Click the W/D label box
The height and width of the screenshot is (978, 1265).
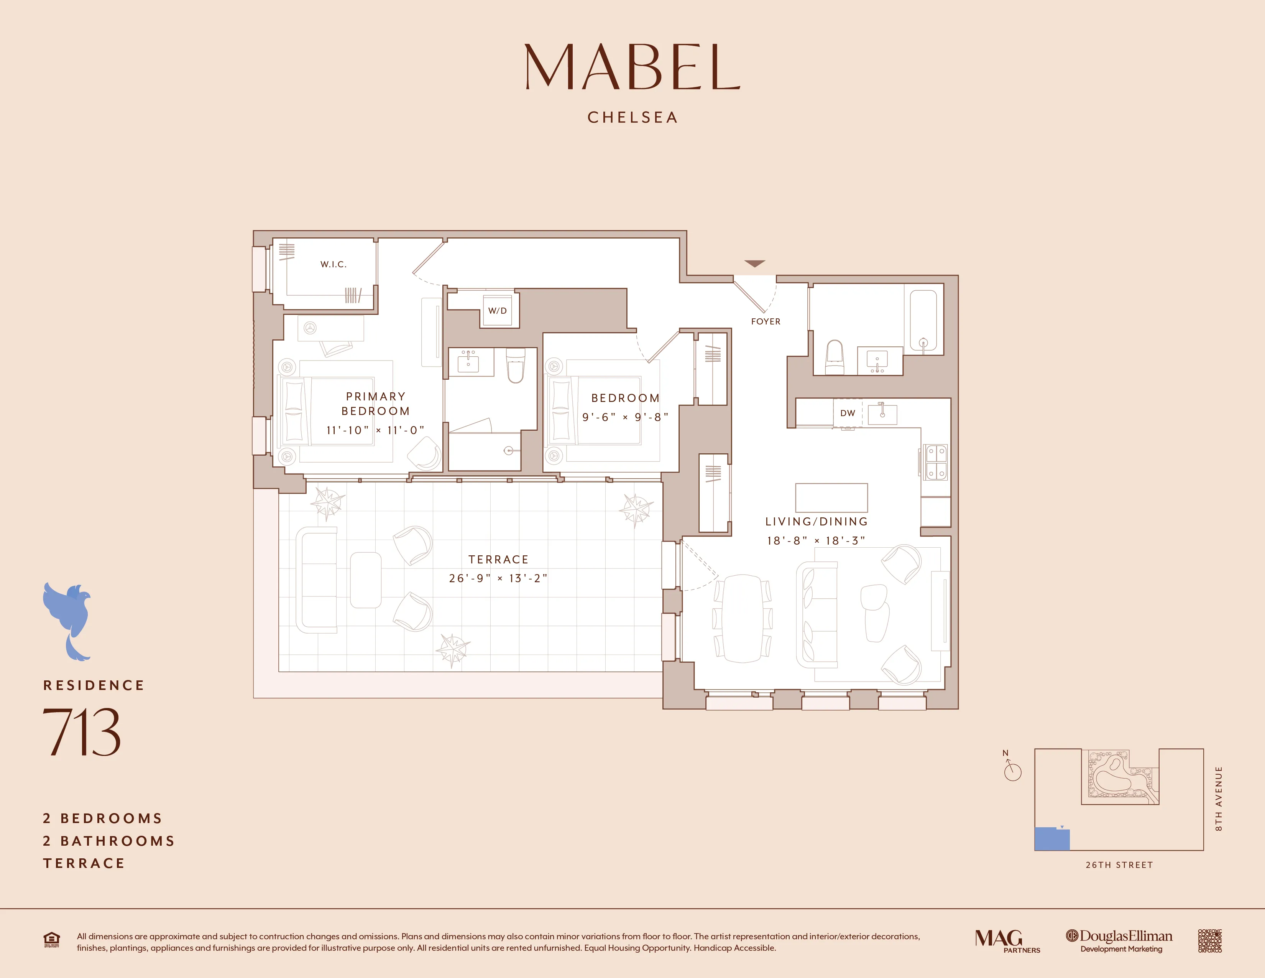coord(498,311)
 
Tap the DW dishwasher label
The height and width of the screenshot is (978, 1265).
coord(848,413)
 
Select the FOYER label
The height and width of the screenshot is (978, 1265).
coord(765,321)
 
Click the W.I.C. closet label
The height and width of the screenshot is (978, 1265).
coord(333,264)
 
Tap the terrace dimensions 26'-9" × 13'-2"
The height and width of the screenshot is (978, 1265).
coord(498,578)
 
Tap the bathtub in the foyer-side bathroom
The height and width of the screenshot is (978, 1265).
coord(923,320)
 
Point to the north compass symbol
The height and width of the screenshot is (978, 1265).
coord(1012,769)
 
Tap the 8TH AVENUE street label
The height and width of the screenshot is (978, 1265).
coord(1219,799)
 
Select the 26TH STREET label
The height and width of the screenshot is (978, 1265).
coord(1119,865)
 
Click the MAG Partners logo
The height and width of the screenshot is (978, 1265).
coord(1007,940)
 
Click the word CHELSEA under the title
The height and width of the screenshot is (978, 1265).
coord(632,118)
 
